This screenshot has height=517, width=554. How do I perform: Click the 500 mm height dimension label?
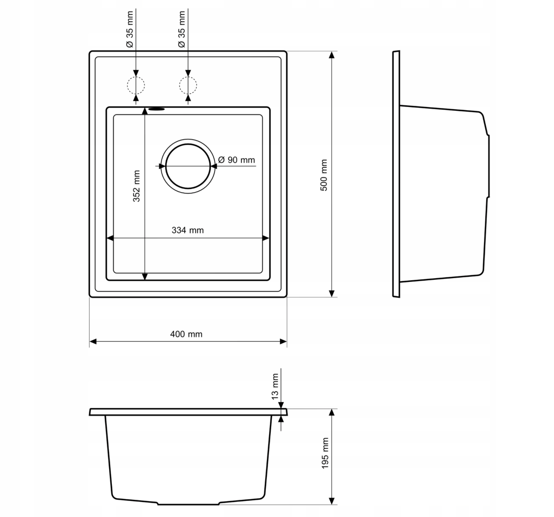coord(324,175)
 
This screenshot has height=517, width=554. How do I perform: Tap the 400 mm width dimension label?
coord(186,334)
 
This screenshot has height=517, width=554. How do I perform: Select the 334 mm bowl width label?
coord(188,230)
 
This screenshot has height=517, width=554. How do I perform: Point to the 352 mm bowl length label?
coord(136,186)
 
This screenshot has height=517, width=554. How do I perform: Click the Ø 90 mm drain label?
coord(236,160)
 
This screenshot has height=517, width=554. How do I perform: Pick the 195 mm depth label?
coord(325,453)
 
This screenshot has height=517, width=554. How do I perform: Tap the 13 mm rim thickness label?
coord(275,387)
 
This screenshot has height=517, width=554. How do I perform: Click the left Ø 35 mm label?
coord(130,29)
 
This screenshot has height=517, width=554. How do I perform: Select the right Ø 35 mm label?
coord(181,29)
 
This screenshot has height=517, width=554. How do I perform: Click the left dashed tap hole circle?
coord(127,85)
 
